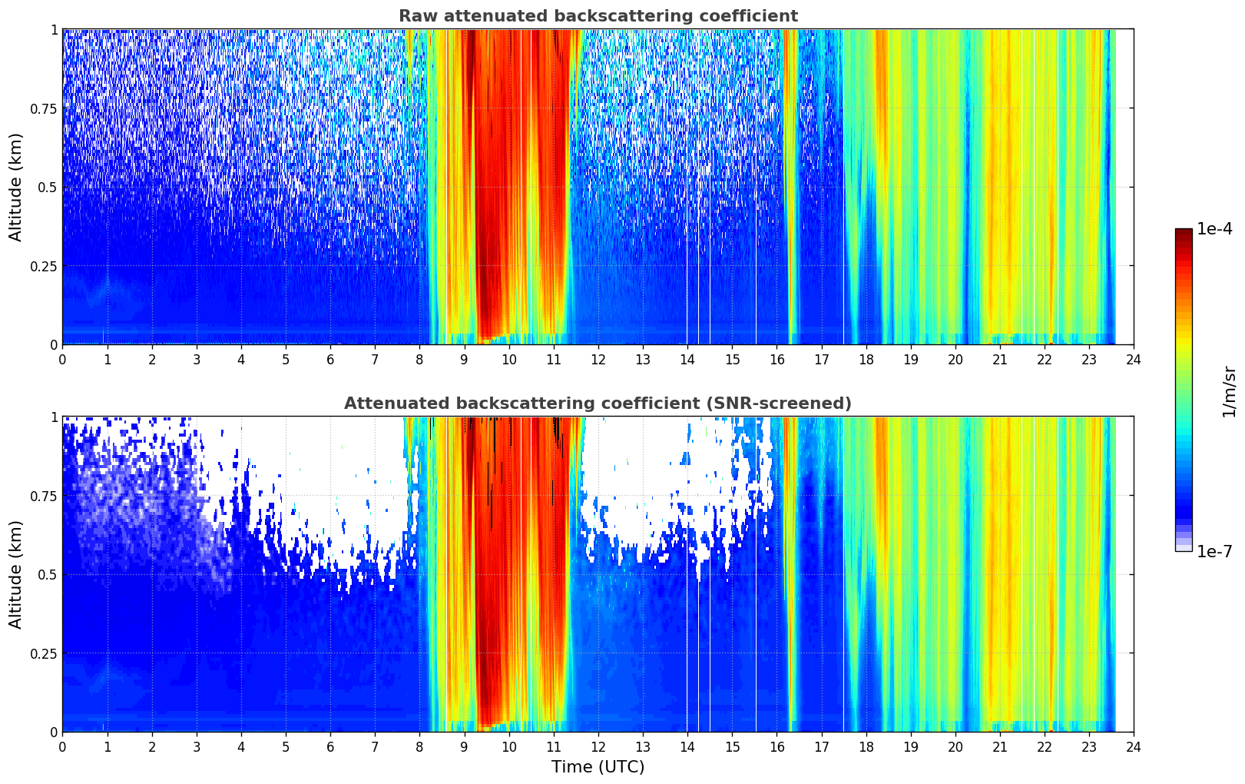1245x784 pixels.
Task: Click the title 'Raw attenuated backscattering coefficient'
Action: click(x=598, y=16)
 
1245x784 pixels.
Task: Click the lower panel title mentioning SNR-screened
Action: click(x=598, y=404)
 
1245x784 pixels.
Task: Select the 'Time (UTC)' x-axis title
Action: click(x=598, y=766)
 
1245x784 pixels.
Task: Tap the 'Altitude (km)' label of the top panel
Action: click(x=16, y=187)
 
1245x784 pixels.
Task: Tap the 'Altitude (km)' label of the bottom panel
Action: click(x=16, y=574)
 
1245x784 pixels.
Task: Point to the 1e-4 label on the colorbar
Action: click(x=1214, y=229)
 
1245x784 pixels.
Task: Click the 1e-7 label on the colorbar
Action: click(x=1214, y=551)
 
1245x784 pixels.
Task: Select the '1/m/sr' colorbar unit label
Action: click(x=1228, y=390)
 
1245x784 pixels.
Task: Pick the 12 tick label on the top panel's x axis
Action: click(x=598, y=359)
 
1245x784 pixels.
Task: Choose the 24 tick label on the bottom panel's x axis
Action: click(x=1134, y=746)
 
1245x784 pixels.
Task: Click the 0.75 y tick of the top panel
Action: click(x=44, y=108)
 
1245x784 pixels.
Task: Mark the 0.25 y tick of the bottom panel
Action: click(x=44, y=653)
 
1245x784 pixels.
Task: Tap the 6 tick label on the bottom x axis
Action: click(x=330, y=746)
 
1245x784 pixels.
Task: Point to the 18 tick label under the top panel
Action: click(x=866, y=359)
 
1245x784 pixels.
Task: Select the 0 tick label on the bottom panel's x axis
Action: click(x=62, y=746)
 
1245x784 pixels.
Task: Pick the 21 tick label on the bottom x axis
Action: click(x=999, y=746)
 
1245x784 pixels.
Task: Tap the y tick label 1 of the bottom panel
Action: click(x=54, y=417)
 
